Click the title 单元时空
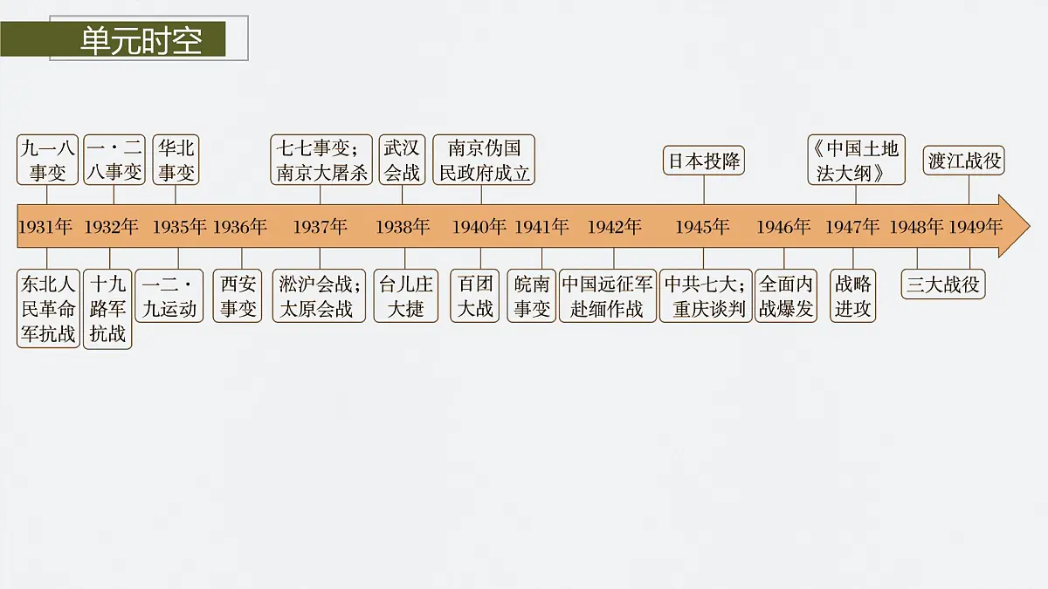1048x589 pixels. click(x=141, y=41)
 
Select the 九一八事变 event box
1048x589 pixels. click(x=47, y=160)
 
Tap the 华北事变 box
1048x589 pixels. click(x=176, y=160)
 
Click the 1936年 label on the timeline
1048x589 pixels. click(x=239, y=227)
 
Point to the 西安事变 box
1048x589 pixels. click(x=238, y=296)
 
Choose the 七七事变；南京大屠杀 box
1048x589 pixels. click(x=321, y=160)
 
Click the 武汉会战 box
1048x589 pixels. click(x=402, y=160)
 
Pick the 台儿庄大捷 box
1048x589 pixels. click(x=406, y=296)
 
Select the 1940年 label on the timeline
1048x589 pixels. click(x=479, y=227)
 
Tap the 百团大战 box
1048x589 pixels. click(x=475, y=296)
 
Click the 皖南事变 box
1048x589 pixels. click(x=532, y=296)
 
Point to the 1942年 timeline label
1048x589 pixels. click(x=614, y=227)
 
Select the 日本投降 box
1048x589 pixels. click(x=704, y=161)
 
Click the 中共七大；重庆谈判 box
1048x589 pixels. click(x=706, y=296)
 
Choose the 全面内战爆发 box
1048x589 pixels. click(x=786, y=296)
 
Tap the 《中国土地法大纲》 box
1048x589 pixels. click(x=856, y=160)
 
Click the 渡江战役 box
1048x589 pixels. click(x=964, y=161)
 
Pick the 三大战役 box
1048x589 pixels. click(x=943, y=284)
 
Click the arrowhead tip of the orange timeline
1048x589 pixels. click(x=1030, y=226)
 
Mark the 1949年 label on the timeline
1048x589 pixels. click(x=975, y=227)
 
